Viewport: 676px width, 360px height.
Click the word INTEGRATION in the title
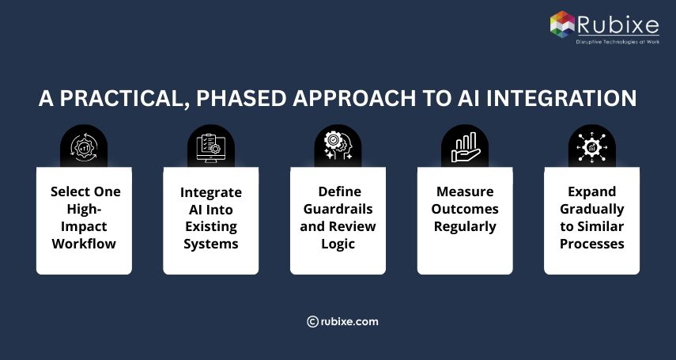click(x=561, y=98)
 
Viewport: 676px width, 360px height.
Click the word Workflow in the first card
click(x=84, y=244)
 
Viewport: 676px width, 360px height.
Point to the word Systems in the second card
click(x=210, y=244)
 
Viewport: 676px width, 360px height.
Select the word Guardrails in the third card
click(x=338, y=209)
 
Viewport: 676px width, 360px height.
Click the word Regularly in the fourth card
click(x=465, y=226)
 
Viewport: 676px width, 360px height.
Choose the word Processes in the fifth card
click(x=591, y=244)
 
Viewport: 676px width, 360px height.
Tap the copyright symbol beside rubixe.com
click(x=312, y=321)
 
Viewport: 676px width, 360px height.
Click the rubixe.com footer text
click(x=350, y=321)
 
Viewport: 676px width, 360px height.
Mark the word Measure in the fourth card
click(x=465, y=191)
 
